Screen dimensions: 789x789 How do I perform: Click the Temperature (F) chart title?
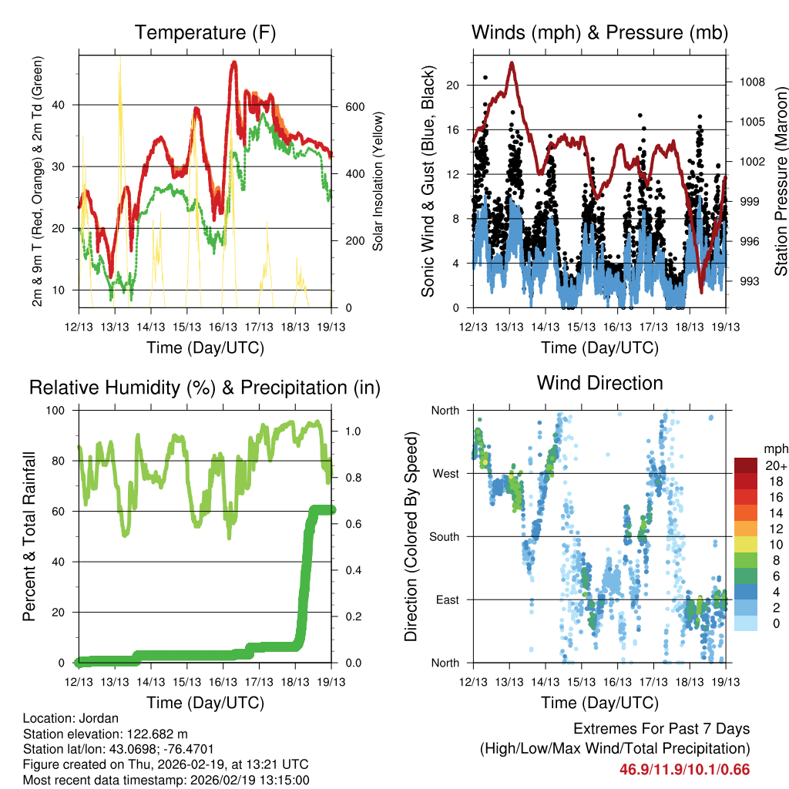pos(205,33)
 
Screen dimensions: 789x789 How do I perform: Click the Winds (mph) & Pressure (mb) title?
pos(599,33)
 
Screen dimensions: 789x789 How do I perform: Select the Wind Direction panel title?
pos(599,383)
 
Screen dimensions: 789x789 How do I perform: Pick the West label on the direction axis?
pos(445,473)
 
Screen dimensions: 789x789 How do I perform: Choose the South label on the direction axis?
pos(444,536)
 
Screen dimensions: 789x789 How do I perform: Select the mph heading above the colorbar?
pos(774,448)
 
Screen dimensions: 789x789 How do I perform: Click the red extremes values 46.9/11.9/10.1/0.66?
pos(684,769)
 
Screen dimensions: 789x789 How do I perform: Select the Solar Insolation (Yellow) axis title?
pos(378,182)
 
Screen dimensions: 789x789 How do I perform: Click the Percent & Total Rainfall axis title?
pos(30,537)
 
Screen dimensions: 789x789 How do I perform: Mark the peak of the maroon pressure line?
pos(511,63)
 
